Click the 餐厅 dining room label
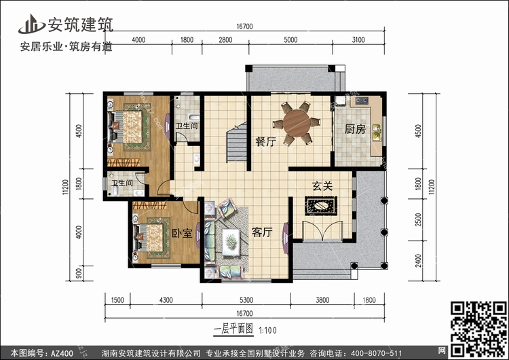pos(265,142)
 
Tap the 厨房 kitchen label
pos(355,129)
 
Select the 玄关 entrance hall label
pos(322,186)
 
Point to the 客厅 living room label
pos(262,232)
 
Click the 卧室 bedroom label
pos(182,233)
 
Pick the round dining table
pos(297,123)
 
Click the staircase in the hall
pos(237,142)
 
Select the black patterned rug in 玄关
pos(321,206)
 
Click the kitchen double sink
pos(377,132)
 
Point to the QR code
pos(478,329)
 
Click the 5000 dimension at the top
pos(290,39)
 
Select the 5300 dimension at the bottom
pos(246,300)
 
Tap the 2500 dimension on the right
pos(418,219)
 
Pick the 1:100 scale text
pos(267,331)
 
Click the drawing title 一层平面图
pos(233,329)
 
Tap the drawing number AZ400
pos(62,353)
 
